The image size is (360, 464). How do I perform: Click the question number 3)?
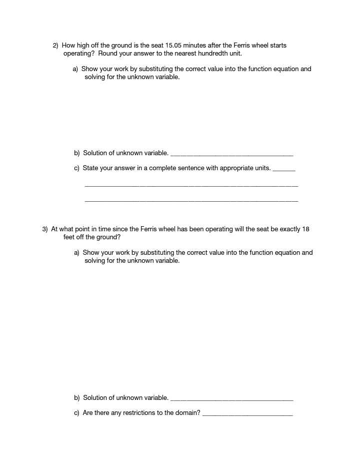pos(45,229)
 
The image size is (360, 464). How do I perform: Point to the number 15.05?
pos(173,46)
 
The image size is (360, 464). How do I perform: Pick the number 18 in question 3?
pos(306,229)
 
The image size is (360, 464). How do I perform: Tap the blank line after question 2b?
pos(231,155)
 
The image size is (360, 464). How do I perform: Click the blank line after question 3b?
pos(231,400)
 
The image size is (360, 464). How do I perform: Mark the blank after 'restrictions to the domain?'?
pos(247,415)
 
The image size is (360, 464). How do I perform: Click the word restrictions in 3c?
pos(134,413)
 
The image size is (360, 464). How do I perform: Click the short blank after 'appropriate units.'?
pos(284,170)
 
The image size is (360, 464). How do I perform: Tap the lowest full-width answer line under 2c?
pos(191,201)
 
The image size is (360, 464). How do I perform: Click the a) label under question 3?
pos(77,253)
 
